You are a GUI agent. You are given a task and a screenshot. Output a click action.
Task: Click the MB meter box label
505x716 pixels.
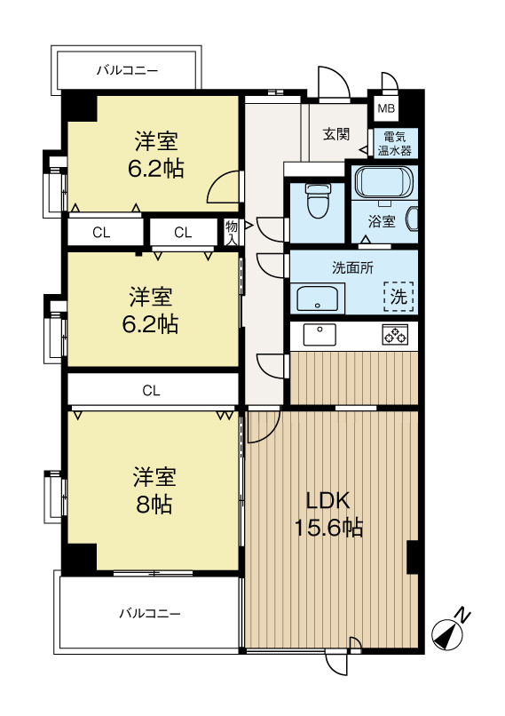(384, 108)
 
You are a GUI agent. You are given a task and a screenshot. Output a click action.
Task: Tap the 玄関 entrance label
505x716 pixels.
(335, 134)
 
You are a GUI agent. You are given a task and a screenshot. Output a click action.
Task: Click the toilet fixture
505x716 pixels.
(316, 203)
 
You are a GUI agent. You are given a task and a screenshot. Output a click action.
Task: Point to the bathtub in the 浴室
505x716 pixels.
(383, 183)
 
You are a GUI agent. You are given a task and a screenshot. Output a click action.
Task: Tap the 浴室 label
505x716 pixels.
(382, 223)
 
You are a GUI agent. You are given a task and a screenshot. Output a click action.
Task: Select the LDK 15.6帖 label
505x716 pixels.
(328, 513)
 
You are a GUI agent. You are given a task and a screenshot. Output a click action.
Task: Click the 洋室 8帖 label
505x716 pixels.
(154, 490)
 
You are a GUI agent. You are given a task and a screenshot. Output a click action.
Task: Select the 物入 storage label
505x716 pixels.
(232, 233)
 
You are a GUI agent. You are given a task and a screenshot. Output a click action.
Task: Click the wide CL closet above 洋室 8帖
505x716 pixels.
(152, 389)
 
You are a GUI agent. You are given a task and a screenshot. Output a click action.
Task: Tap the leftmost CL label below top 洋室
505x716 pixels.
(101, 233)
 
